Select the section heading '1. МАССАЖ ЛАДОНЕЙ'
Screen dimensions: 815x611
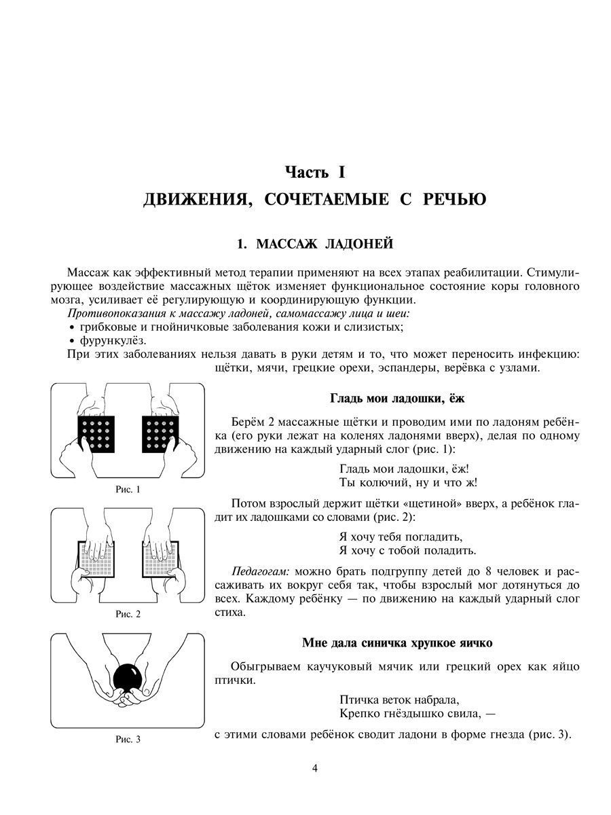[x=314, y=243]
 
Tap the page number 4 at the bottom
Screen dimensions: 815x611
[x=314, y=768]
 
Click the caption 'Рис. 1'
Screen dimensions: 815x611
[x=128, y=489]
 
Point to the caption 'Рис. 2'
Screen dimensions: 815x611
[x=128, y=614]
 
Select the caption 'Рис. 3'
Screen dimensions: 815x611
[x=128, y=740]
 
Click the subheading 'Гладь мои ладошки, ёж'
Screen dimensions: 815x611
[x=397, y=398]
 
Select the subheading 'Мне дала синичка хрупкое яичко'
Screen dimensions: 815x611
[x=397, y=642]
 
